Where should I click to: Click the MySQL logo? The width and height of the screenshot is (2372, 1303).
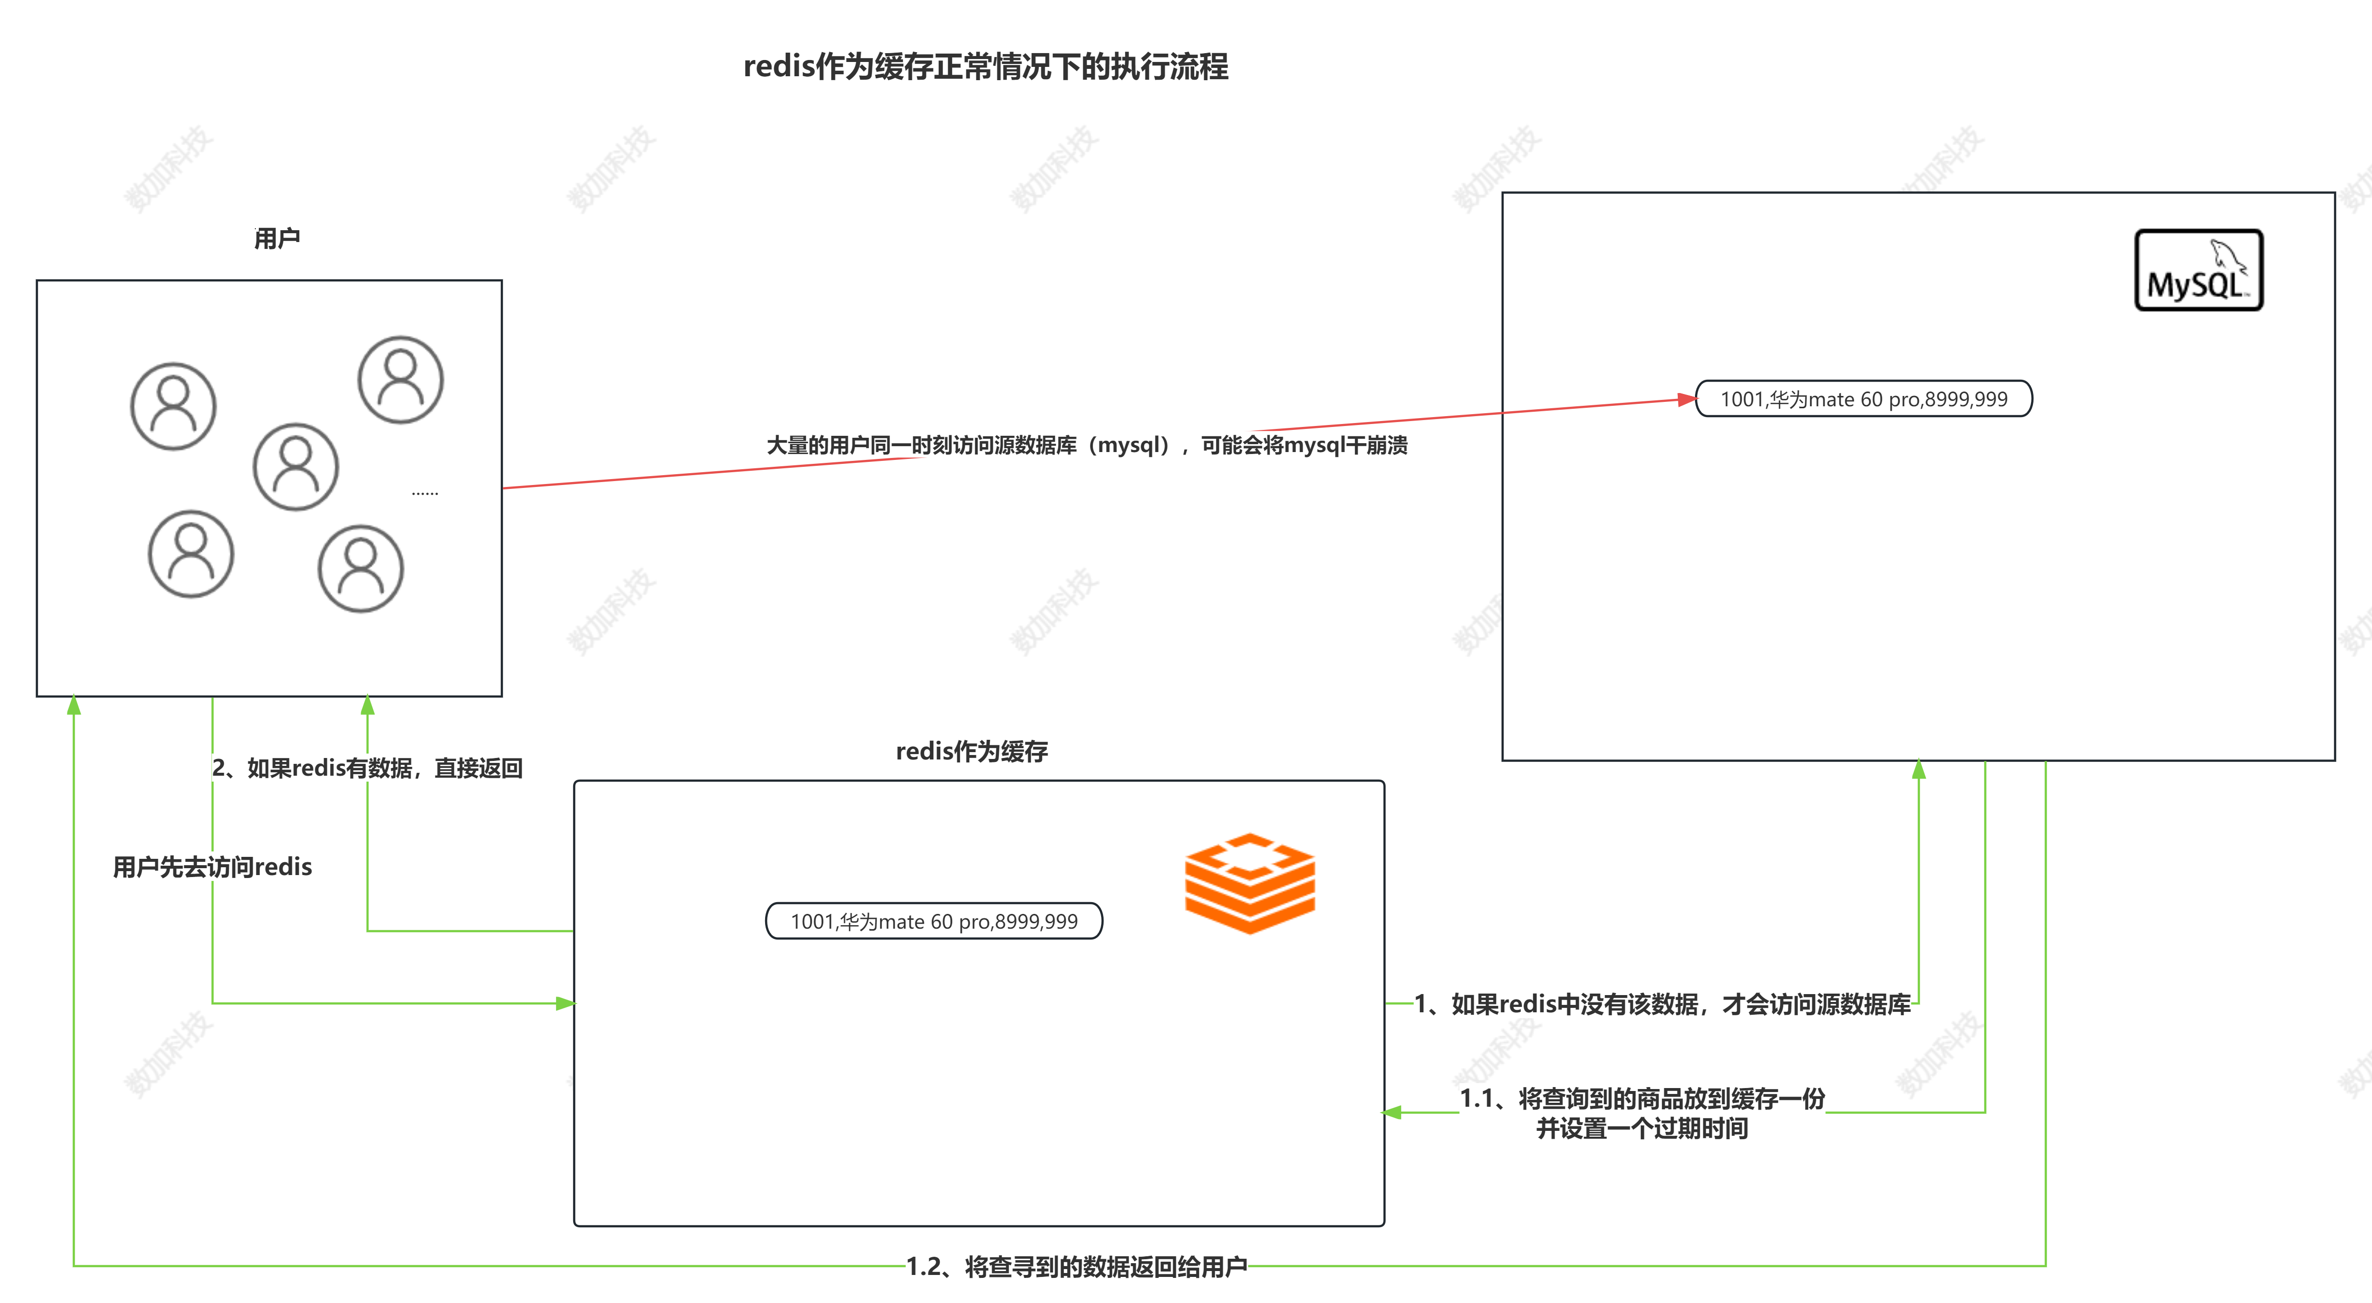click(2198, 270)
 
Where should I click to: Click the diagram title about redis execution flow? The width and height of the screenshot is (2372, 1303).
click(986, 66)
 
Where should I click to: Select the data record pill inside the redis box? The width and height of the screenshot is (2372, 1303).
click(934, 921)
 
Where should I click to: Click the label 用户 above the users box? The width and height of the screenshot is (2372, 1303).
click(276, 239)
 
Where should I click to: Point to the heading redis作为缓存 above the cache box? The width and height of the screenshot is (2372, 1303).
click(971, 752)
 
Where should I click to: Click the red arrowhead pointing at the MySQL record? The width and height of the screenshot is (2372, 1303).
click(1687, 399)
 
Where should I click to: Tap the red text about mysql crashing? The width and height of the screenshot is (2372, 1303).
click(1086, 446)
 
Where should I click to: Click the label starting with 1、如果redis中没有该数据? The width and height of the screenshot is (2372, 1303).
click(1662, 1004)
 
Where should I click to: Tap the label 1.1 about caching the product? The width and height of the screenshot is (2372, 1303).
click(1642, 1112)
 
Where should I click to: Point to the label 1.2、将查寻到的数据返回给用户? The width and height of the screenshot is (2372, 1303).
click(1077, 1267)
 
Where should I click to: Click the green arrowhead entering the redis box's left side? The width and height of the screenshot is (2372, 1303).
click(565, 1003)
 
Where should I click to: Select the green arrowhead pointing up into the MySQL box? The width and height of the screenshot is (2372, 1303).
click(1919, 770)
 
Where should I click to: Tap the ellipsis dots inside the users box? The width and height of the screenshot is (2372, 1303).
click(425, 493)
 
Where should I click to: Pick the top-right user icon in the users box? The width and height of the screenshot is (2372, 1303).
click(400, 379)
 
